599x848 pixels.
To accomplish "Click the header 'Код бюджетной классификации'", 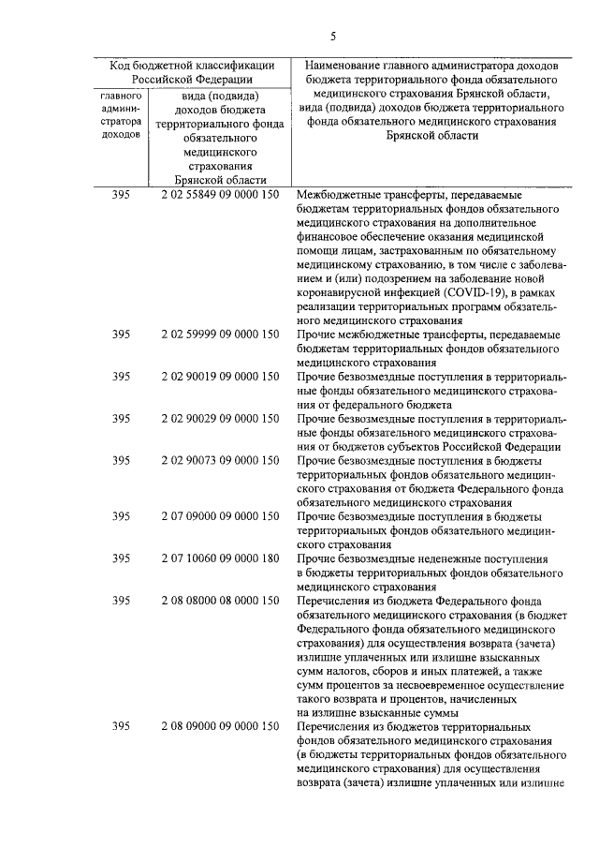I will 192,66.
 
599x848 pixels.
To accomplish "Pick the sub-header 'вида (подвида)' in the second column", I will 220,94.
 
